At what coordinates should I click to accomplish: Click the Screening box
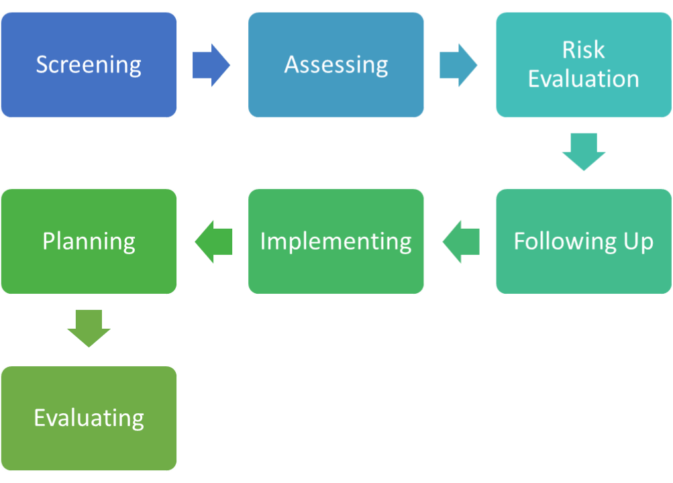89,65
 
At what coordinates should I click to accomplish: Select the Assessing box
336,65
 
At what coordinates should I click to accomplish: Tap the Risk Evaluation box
584,65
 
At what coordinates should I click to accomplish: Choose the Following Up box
584,241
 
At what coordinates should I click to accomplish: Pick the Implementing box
336,241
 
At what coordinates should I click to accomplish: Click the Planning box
89,241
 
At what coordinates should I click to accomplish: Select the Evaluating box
89,418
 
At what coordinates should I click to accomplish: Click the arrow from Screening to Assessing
211,65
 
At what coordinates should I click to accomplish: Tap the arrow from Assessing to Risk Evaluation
458,65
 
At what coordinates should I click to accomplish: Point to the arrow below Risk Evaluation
584,152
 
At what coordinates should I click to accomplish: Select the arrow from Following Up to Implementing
461,242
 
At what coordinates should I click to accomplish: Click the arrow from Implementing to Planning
213,242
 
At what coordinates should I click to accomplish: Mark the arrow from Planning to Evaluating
89,329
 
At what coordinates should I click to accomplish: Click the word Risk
584,50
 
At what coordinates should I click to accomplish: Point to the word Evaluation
584,79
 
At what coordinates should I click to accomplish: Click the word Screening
89,65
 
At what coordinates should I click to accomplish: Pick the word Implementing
336,242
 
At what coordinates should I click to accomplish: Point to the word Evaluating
89,418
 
